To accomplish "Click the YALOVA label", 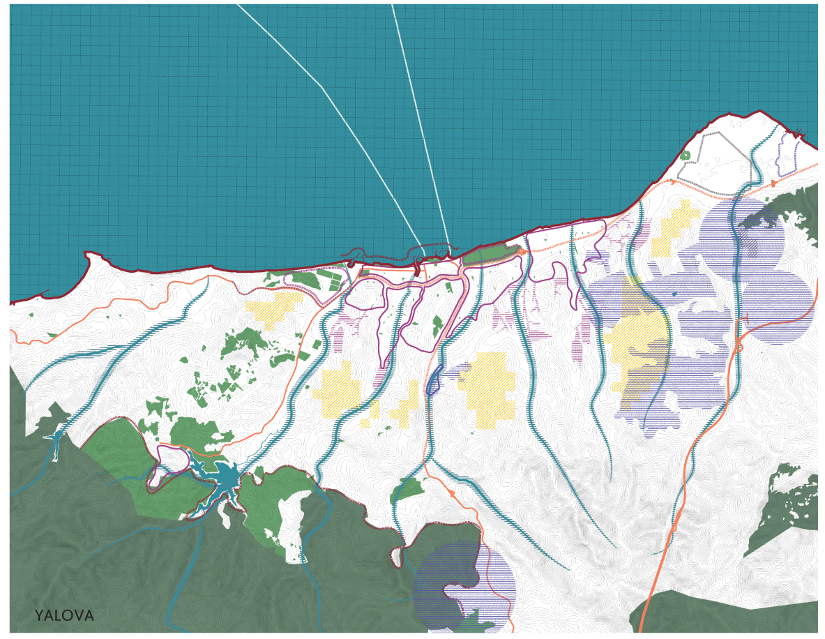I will click(64, 616).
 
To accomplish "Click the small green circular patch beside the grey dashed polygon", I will click(685, 155).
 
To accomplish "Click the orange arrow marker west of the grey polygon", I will click(672, 181).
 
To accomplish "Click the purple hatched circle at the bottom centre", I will click(464, 586).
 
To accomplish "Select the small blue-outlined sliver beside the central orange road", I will click(432, 379).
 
